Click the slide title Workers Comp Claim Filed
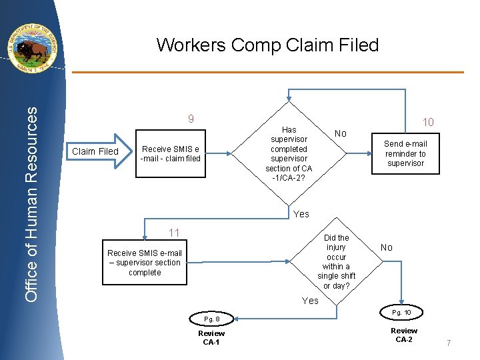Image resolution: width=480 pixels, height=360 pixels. pyautogui.click(x=267, y=45)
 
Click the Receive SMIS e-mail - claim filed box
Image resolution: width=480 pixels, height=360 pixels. pyautogui.click(x=171, y=153)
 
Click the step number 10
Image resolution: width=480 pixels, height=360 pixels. pyautogui.click(x=428, y=122)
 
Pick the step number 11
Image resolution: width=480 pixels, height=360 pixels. pyautogui.click(x=174, y=233)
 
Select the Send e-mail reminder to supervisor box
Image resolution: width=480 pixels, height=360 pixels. pyautogui.click(x=405, y=153)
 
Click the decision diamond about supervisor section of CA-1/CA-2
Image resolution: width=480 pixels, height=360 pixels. pyautogui.click(x=289, y=153)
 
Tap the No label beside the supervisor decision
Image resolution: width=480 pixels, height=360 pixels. pyautogui.click(x=341, y=133)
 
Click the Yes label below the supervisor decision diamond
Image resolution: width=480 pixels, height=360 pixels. pyautogui.click(x=301, y=214)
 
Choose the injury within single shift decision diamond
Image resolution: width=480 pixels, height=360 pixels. pyautogui.click(x=337, y=261)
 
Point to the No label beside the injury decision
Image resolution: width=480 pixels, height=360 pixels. pyautogui.click(x=387, y=247)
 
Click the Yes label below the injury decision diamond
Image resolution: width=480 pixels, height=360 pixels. pyautogui.click(x=310, y=301)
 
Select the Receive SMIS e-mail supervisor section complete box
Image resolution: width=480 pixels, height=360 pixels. pyautogui.click(x=145, y=263)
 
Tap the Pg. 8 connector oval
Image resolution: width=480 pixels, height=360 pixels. pyautogui.click(x=211, y=319)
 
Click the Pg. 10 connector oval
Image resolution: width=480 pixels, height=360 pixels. pyautogui.click(x=401, y=312)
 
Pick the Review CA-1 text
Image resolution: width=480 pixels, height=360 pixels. pyautogui.click(x=211, y=338)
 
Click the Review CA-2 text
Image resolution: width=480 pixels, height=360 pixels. pyautogui.click(x=404, y=335)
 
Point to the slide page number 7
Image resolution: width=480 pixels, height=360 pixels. pyautogui.click(x=449, y=343)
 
